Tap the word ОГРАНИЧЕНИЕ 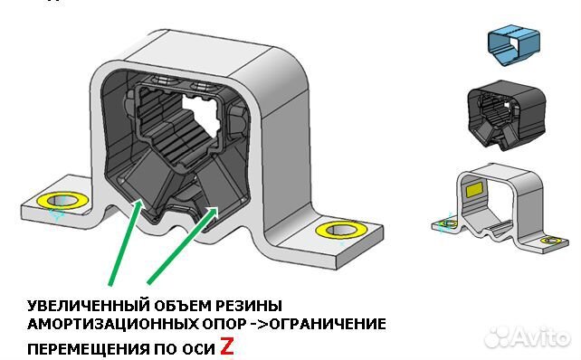click(x=329, y=324)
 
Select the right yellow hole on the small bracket click(x=550, y=241)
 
